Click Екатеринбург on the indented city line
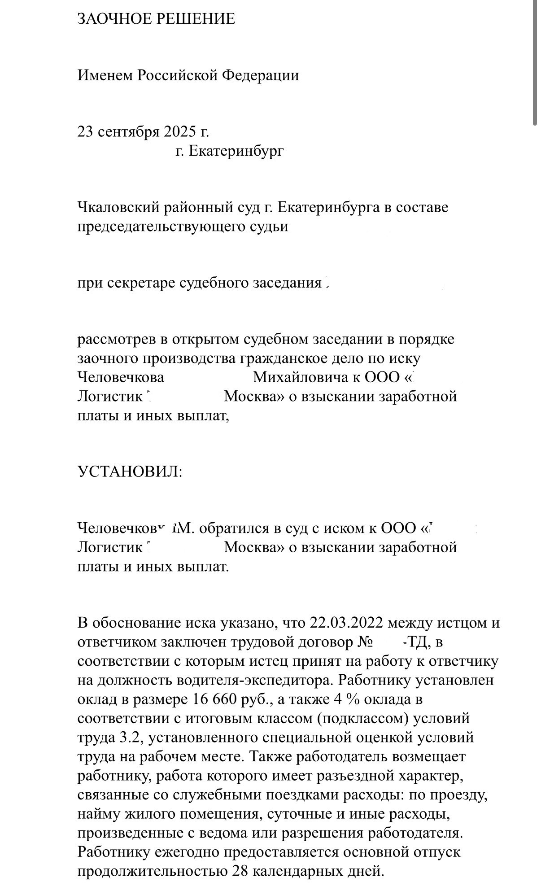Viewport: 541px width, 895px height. tap(236, 151)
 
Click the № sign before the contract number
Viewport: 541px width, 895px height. tap(366, 642)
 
